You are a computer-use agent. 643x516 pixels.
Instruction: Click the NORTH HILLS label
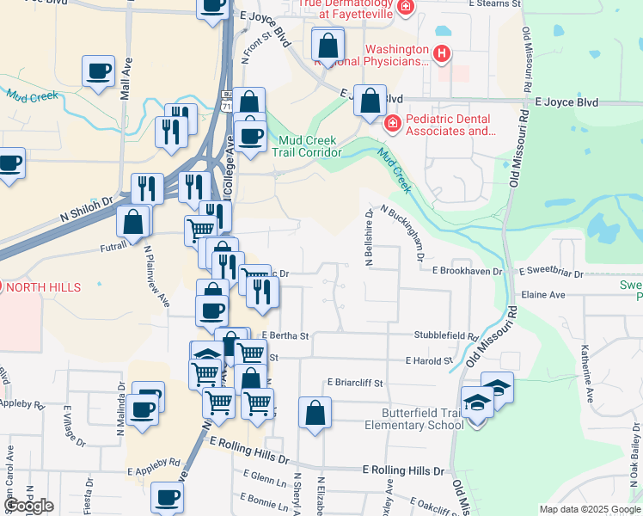click(x=45, y=287)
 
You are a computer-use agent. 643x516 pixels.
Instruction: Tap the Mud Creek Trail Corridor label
click(x=308, y=146)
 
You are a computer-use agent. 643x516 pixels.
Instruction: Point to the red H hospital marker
click(x=442, y=54)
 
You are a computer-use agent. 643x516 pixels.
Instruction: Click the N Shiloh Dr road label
click(x=87, y=209)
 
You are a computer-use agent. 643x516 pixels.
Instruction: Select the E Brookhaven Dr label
click(x=467, y=270)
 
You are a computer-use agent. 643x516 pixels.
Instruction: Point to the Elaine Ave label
click(x=543, y=294)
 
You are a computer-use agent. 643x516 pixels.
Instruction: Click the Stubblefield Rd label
click(x=444, y=335)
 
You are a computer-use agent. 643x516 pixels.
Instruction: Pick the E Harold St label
click(x=429, y=361)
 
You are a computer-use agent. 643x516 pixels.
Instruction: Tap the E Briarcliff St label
click(x=354, y=382)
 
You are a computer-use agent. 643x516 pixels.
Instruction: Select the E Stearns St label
click(x=494, y=4)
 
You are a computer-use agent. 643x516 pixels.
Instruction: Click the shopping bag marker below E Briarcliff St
click(x=315, y=412)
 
